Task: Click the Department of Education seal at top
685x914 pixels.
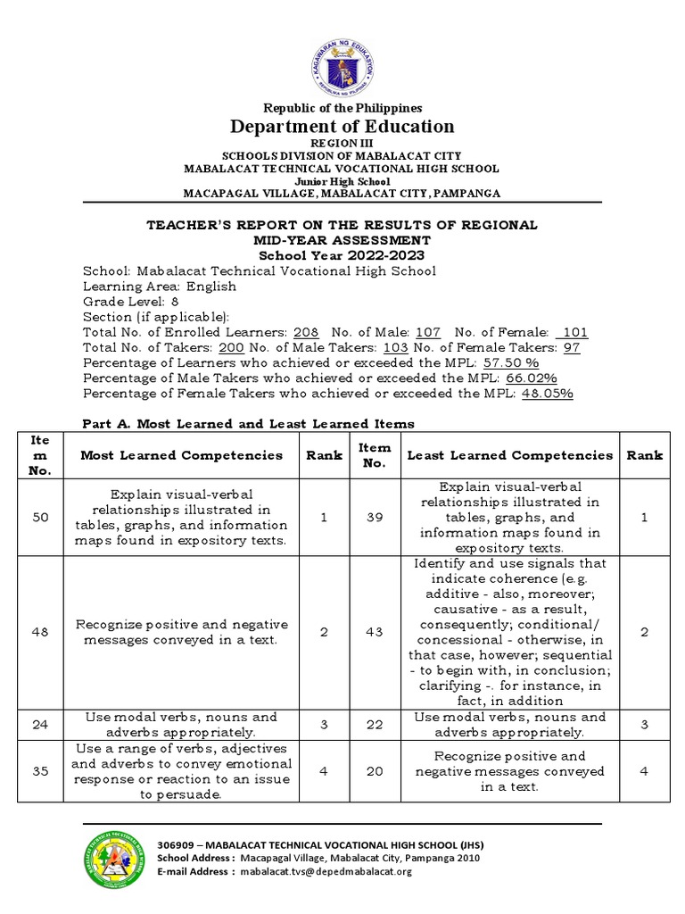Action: click(x=342, y=62)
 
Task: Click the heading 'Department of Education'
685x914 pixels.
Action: click(x=342, y=127)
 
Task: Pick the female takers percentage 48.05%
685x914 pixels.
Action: click(x=547, y=394)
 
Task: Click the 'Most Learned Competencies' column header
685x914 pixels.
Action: click(x=181, y=455)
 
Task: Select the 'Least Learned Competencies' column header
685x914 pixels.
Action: click(x=509, y=455)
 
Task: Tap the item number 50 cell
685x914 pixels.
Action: click(x=40, y=518)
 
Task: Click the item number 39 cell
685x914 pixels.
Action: click(x=374, y=518)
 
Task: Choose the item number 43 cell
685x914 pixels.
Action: click(x=374, y=632)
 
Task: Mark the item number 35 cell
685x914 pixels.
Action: click(x=40, y=771)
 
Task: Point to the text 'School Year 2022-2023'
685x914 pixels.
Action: click(x=342, y=255)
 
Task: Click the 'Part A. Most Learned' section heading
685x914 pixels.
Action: click(x=248, y=424)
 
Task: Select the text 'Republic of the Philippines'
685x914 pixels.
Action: click(x=342, y=108)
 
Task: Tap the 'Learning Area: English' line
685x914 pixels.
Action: click(x=160, y=287)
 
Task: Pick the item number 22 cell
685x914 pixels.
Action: click(x=374, y=725)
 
